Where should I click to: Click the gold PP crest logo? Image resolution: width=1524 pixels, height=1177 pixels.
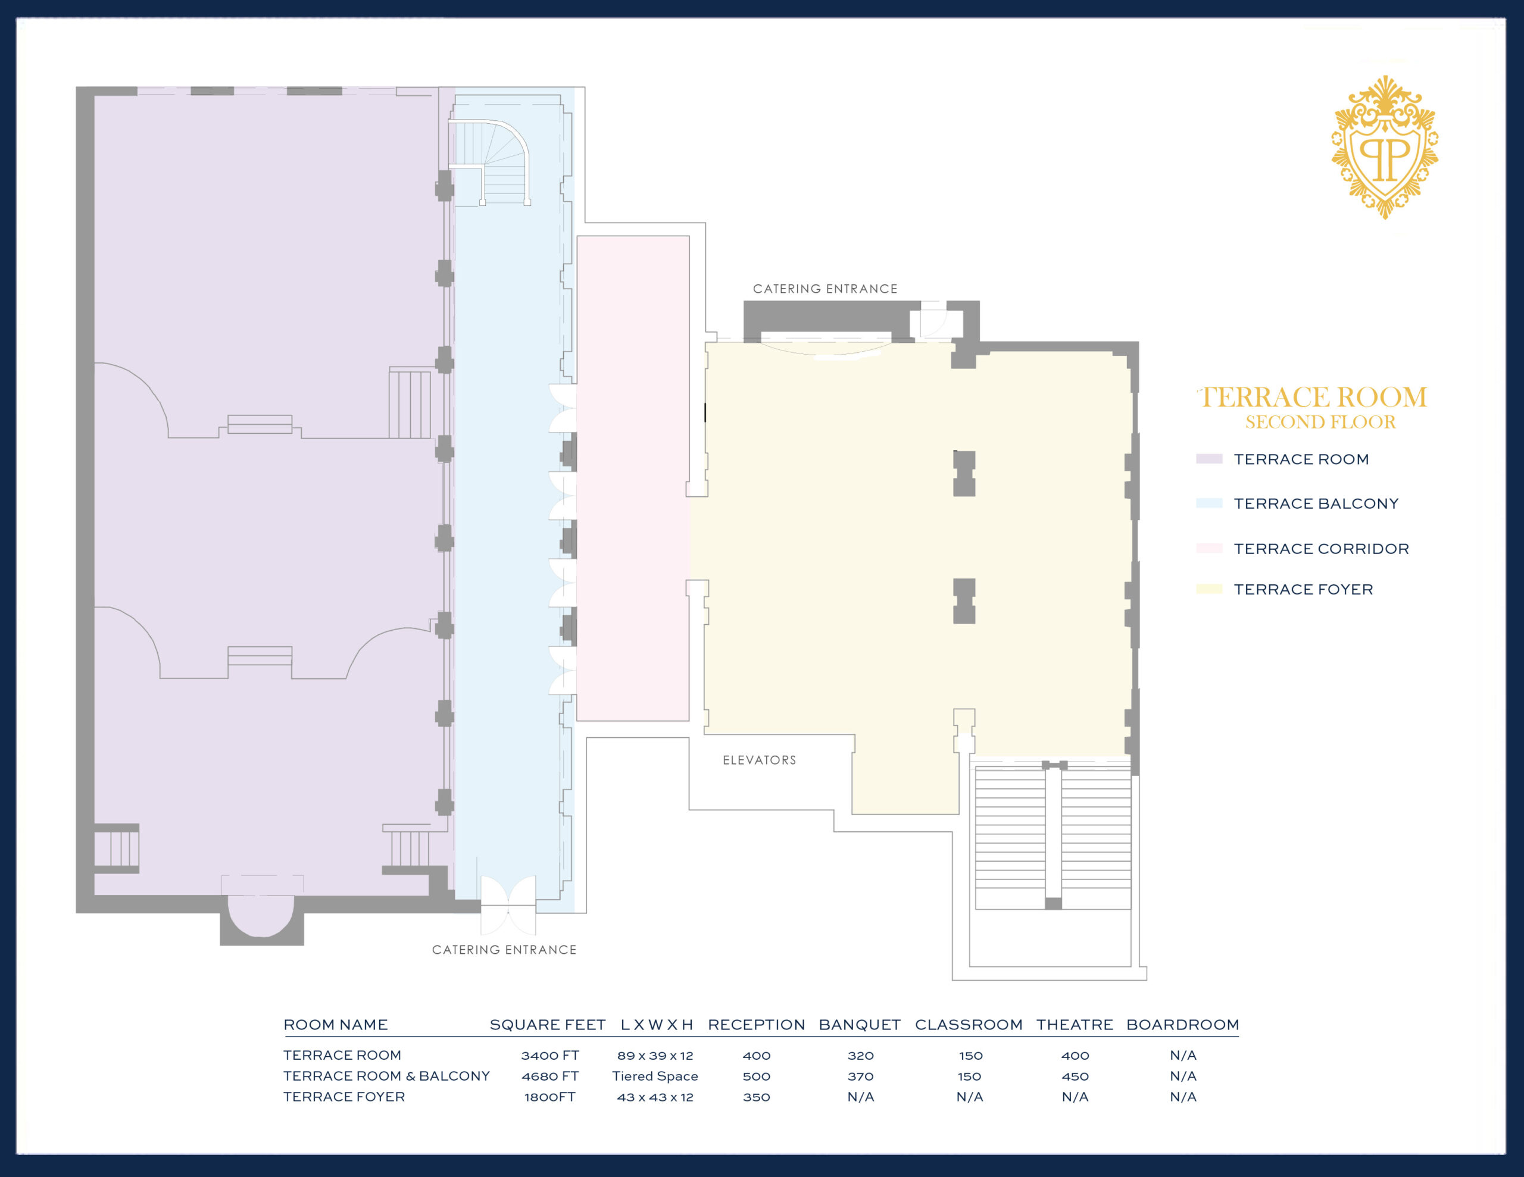pos(1385,148)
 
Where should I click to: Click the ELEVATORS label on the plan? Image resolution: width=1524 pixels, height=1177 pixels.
pos(759,760)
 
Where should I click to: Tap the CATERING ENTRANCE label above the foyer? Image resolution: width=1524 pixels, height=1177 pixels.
pos(825,289)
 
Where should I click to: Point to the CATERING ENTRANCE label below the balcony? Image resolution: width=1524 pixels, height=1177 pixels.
pos(504,950)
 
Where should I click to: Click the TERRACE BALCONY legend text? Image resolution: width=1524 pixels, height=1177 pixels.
pos(1316,504)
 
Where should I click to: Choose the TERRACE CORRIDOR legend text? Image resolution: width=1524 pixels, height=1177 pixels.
pos(1321,549)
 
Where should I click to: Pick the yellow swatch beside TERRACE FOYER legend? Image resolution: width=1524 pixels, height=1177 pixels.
pos(1208,589)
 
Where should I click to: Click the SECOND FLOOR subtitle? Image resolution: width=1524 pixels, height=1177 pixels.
pos(1320,422)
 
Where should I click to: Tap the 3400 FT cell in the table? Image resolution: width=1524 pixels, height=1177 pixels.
pos(550,1056)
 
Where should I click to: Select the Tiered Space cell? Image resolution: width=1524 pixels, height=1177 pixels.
pos(654,1076)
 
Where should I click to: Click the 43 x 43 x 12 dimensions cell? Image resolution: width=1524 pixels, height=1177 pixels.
pos(654,1097)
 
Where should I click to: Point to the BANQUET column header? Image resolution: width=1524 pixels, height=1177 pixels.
pos(860,1024)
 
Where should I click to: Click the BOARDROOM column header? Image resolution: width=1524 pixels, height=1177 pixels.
pos(1183,1024)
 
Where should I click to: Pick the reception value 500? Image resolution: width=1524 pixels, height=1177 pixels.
pos(757,1076)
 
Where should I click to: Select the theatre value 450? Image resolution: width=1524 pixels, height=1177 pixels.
pos(1075,1076)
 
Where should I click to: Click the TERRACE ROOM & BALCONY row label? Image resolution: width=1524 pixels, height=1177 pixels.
pos(386,1076)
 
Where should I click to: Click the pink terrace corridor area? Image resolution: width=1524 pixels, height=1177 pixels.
pos(633,474)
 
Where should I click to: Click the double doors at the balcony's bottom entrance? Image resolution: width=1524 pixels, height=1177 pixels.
pos(508,905)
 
